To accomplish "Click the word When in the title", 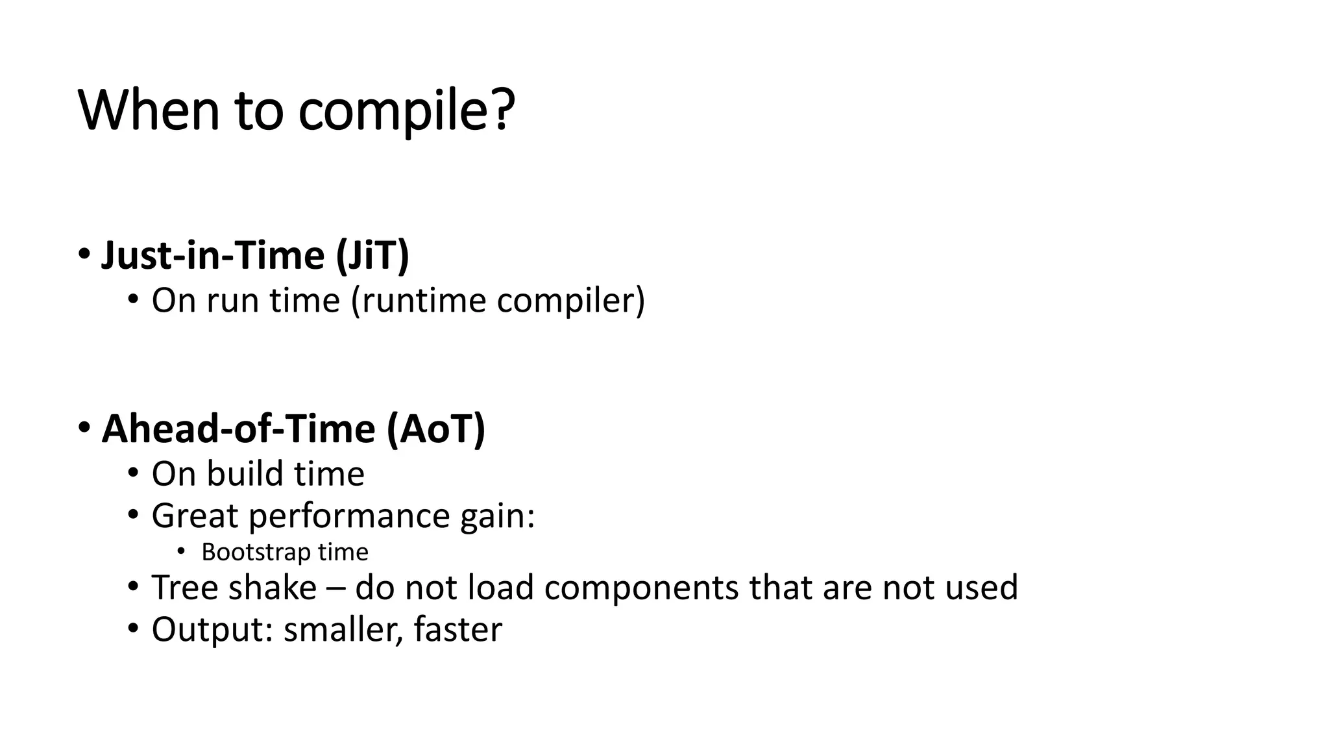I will click(149, 110).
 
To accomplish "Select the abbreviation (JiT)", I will click(373, 255).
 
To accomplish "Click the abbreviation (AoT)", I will click(436, 429).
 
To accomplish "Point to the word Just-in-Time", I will click(213, 255).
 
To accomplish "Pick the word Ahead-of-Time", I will click(239, 429).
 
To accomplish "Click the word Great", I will click(195, 516).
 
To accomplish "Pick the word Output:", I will click(212, 630).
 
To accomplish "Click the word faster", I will click(457, 630).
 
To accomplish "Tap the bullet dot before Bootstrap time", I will click(181, 552).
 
